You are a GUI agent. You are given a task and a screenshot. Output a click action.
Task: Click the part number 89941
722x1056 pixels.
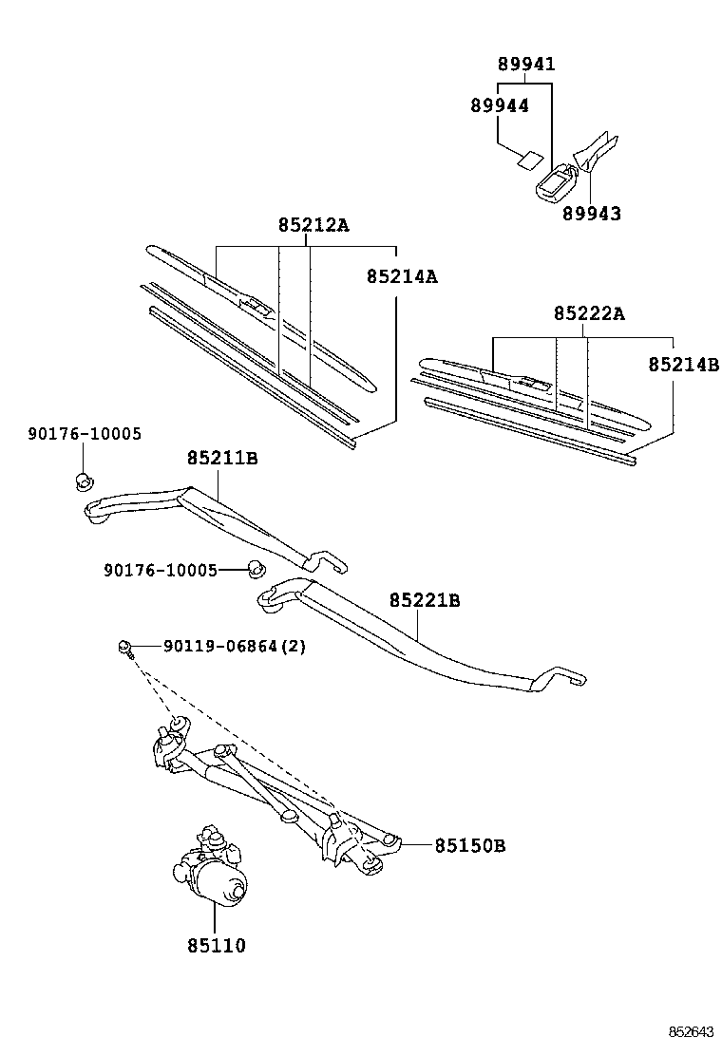pyautogui.click(x=526, y=64)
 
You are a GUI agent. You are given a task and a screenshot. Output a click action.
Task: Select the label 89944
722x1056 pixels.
pyautogui.click(x=500, y=105)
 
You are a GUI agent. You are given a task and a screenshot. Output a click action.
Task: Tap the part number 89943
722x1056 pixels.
pyautogui.click(x=591, y=214)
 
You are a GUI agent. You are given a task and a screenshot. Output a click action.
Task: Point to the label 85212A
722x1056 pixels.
pyautogui.click(x=313, y=225)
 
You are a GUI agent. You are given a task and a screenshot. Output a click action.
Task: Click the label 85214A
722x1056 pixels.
pyautogui.click(x=402, y=276)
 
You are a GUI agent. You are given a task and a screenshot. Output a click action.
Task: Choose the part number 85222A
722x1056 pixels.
pyautogui.click(x=589, y=313)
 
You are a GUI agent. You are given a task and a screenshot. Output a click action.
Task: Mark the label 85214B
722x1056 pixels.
pyautogui.click(x=684, y=365)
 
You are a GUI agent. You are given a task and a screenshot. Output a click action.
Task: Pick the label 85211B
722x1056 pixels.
pyautogui.click(x=222, y=458)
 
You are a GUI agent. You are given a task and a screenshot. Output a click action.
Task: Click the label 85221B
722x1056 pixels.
pyautogui.click(x=425, y=600)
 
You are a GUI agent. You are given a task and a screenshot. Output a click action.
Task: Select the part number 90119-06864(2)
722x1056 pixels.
pyautogui.click(x=235, y=647)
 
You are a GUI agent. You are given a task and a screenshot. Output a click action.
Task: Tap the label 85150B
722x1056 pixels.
pyautogui.click(x=469, y=845)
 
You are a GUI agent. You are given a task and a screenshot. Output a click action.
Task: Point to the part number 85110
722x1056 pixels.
pyautogui.click(x=217, y=946)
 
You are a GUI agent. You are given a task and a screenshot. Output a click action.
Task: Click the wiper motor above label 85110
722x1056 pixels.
pyautogui.click(x=210, y=863)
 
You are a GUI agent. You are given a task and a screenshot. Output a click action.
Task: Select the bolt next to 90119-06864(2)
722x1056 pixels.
pyautogui.click(x=126, y=649)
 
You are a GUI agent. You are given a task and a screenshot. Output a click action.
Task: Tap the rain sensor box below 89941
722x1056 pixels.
pyautogui.click(x=557, y=182)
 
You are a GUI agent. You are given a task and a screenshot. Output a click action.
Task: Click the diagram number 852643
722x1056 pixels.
pyautogui.click(x=691, y=1032)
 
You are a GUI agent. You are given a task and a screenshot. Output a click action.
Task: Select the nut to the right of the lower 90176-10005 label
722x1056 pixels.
pyautogui.click(x=256, y=569)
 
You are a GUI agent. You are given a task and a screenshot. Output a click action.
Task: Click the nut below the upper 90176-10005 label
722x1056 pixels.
pyautogui.click(x=84, y=481)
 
